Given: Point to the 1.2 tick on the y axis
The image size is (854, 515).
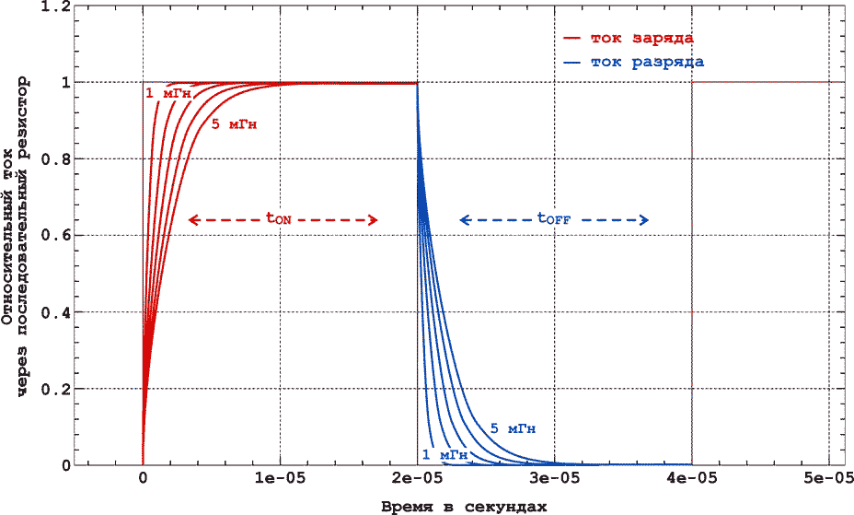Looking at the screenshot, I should [58, 6].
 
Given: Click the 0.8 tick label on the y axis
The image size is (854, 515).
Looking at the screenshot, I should [58, 159].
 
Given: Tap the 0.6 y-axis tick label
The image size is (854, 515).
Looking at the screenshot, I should [58, 236].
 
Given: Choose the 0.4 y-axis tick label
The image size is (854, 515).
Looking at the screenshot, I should [58, 312].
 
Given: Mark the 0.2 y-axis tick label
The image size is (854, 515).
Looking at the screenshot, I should [58, 389].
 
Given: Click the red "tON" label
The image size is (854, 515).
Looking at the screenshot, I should [279, 219].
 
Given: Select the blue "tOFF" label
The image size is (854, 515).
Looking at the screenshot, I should [553, 219].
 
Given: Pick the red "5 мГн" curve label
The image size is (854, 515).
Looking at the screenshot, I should [234, 123].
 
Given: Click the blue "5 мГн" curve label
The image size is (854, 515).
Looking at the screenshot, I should [514, 428].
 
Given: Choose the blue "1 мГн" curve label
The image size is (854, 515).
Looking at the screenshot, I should [445, 454].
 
